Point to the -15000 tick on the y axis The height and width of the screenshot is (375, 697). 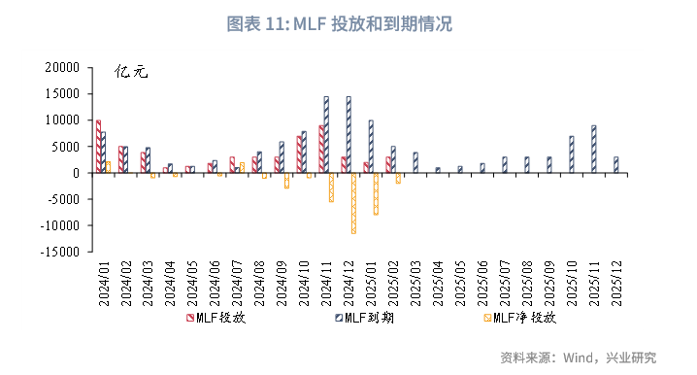click(61, 253)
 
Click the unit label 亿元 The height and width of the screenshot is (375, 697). click(130, 72)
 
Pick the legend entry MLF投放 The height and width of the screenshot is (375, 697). click(213, 317)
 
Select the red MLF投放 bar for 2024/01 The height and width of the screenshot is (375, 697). click(98, 147)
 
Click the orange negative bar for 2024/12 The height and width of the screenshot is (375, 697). click(353, 203)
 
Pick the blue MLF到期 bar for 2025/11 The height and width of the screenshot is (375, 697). click(593, 150)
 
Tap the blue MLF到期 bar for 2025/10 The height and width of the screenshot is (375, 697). click(571, 154)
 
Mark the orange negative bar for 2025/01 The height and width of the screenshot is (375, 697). click(376, 193)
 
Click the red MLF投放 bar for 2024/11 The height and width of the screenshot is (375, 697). click(321, 149)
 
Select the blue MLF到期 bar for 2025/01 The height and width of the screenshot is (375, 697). click(371, 147)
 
